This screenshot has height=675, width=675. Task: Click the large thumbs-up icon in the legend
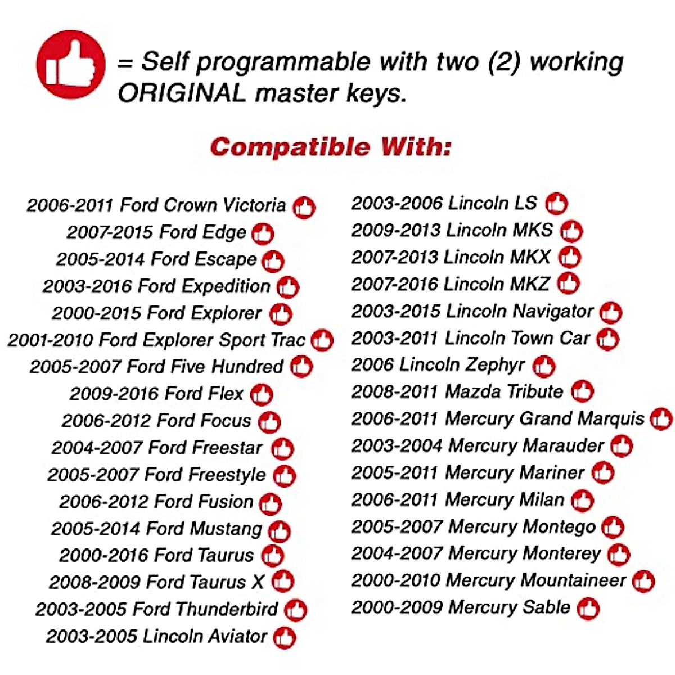coord(71,65)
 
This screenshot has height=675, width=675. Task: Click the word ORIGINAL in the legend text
coord(182,93)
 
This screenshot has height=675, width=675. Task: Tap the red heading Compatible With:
coord(331,146)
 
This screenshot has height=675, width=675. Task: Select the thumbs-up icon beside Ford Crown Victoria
coord(304,208)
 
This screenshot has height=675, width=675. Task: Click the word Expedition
coord(226,286)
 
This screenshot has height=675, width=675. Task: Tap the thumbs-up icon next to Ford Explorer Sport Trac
coord(322,340)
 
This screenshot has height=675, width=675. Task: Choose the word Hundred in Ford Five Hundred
coord(247,367)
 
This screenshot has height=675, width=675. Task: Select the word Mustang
coord(226,529)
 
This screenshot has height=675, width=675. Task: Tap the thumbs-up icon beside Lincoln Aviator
coord(285,637)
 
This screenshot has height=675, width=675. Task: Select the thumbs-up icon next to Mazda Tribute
coord(582,391)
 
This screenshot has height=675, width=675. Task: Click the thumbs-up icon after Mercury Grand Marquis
coord(661,418)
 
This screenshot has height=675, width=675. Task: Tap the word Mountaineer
coord(573,580)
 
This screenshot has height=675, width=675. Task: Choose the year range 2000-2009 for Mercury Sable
coord(397,607)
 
